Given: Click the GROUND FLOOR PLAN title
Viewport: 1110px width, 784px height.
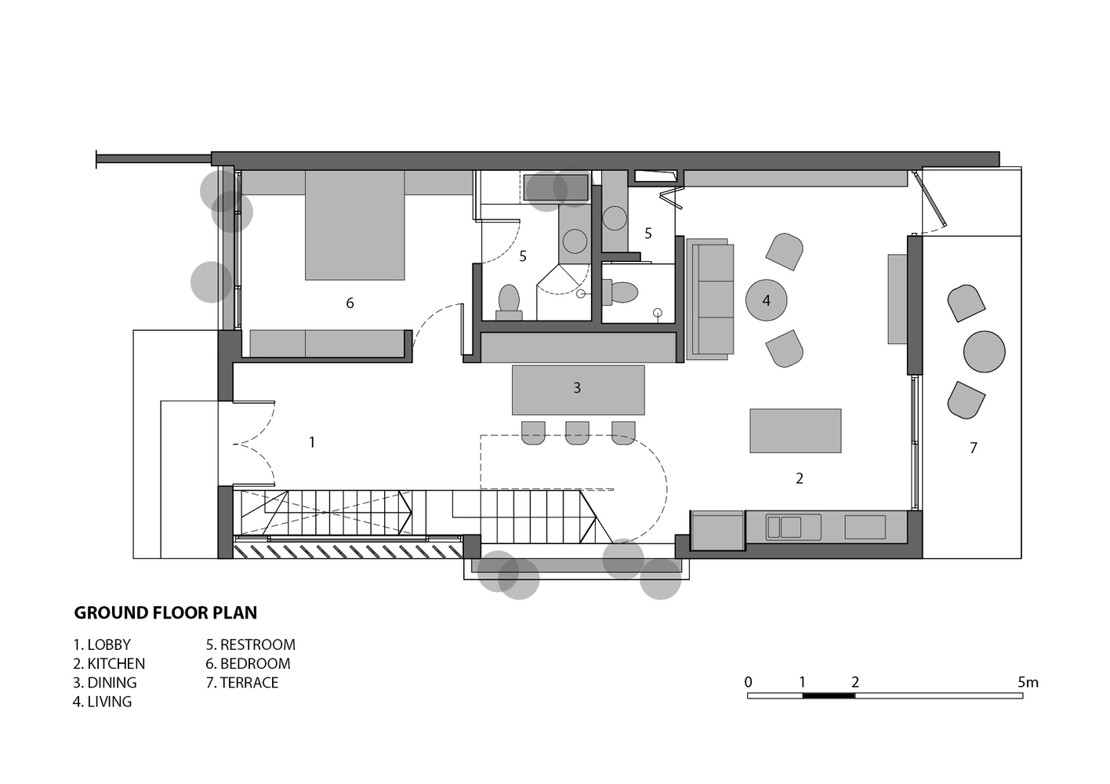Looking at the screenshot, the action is (x=165, y=613).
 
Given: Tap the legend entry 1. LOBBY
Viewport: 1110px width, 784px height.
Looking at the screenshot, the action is (x=102, y=644).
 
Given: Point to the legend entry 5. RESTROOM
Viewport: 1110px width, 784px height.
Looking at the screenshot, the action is (x=251, y=644).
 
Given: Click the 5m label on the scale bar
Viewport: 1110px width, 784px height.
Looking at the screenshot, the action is (x=1028, y=682).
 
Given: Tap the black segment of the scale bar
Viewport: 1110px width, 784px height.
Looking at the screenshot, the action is (x=829, y=695).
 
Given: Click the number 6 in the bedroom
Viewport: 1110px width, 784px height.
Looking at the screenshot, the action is (x=350, y=303).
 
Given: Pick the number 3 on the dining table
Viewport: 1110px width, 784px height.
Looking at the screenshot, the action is (x=577, y=388).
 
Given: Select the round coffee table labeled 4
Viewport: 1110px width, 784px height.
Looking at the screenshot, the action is (x=766, y=299).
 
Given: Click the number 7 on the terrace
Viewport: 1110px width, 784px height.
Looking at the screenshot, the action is (x=974, y=448).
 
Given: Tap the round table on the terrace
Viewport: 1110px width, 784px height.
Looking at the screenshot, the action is (x=984, y=351).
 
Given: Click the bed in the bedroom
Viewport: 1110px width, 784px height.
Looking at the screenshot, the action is (x=355, y=226).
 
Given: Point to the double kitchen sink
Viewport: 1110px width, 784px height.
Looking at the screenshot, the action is (x=793, y=527).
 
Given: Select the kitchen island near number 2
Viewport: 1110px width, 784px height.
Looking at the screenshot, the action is (x=796, y=430).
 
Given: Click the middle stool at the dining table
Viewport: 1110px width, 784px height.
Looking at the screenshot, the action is (x=577, y=433).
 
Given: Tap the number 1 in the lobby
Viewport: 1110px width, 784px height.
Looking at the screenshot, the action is (x=312, y=442).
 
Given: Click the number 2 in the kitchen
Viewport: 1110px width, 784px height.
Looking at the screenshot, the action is (x=799, y=478).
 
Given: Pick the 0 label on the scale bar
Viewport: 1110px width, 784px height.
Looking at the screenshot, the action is (x=749, y=682).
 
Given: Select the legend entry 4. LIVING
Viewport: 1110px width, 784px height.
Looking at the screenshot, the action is (x=103, y=702).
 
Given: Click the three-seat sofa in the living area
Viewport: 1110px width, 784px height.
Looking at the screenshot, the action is (x=710, y=299).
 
